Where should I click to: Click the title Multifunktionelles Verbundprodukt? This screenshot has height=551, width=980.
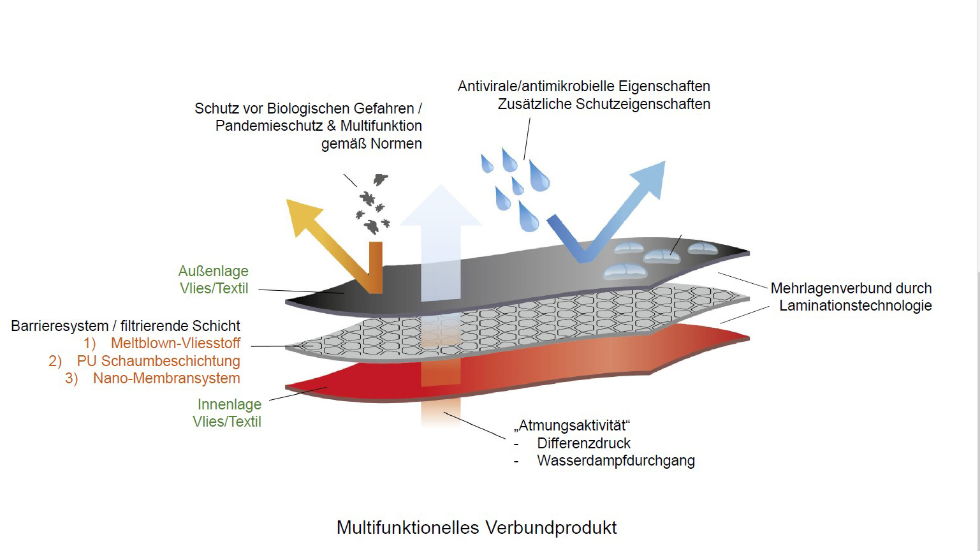[476, 528]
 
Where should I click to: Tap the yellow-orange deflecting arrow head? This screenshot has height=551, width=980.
[303, 216]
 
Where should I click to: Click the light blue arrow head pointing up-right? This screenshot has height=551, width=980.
[649, 179]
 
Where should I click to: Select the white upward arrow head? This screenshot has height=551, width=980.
[441, 205]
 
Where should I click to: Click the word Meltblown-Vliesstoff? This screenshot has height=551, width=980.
[175, 343]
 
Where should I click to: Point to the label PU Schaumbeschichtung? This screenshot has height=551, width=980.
[158, 361]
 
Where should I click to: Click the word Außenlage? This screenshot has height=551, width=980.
[213, 271]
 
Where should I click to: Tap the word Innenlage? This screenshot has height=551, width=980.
[230, 404]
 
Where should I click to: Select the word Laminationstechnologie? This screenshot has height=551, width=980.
[855, 305]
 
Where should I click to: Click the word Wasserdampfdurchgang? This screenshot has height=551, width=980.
[616, 461]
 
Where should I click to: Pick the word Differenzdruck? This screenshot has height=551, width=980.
[583, 443]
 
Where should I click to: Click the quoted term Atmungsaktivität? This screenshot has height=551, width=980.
[572, 425]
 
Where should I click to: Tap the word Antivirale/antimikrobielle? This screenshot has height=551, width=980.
[536, 86]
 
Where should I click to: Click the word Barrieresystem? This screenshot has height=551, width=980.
[59, 326]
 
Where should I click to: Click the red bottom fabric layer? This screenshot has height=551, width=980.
[516, 364]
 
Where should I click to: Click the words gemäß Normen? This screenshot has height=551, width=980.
[372, 143]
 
